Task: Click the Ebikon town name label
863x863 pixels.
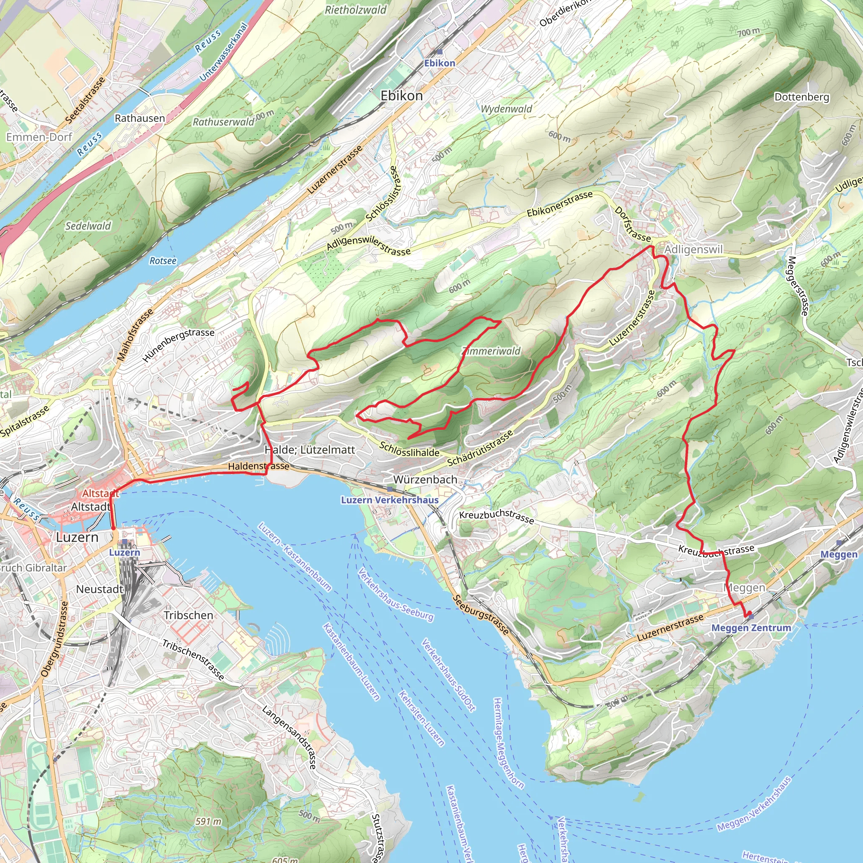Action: coord(402,96)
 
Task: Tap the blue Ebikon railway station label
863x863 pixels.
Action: coord(440,63)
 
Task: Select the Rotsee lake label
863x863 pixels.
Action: coord(163,260)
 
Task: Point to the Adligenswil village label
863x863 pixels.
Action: coord(693,249)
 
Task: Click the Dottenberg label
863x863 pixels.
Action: coord(802,97)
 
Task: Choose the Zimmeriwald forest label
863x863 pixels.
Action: coord(491,351)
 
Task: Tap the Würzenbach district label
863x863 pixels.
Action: coord(425,479)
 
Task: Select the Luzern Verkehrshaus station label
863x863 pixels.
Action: coord(389,500)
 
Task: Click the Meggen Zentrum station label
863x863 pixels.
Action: coord(751,627)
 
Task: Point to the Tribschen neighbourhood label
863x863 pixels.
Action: coord(188,615)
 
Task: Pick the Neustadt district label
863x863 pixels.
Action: coord(99,589)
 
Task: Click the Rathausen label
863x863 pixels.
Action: coord(140,118)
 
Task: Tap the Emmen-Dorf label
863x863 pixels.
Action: coord(39,137)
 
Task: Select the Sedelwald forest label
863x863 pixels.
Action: coord(88,226)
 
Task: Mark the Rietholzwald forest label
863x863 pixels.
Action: coord(356,10)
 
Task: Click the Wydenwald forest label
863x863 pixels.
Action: coord(507,109)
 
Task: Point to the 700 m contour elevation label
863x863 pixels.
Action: coord(749,32)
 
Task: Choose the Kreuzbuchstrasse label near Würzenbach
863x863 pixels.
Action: coord(496,516)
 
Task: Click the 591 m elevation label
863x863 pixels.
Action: coord(208,821)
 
